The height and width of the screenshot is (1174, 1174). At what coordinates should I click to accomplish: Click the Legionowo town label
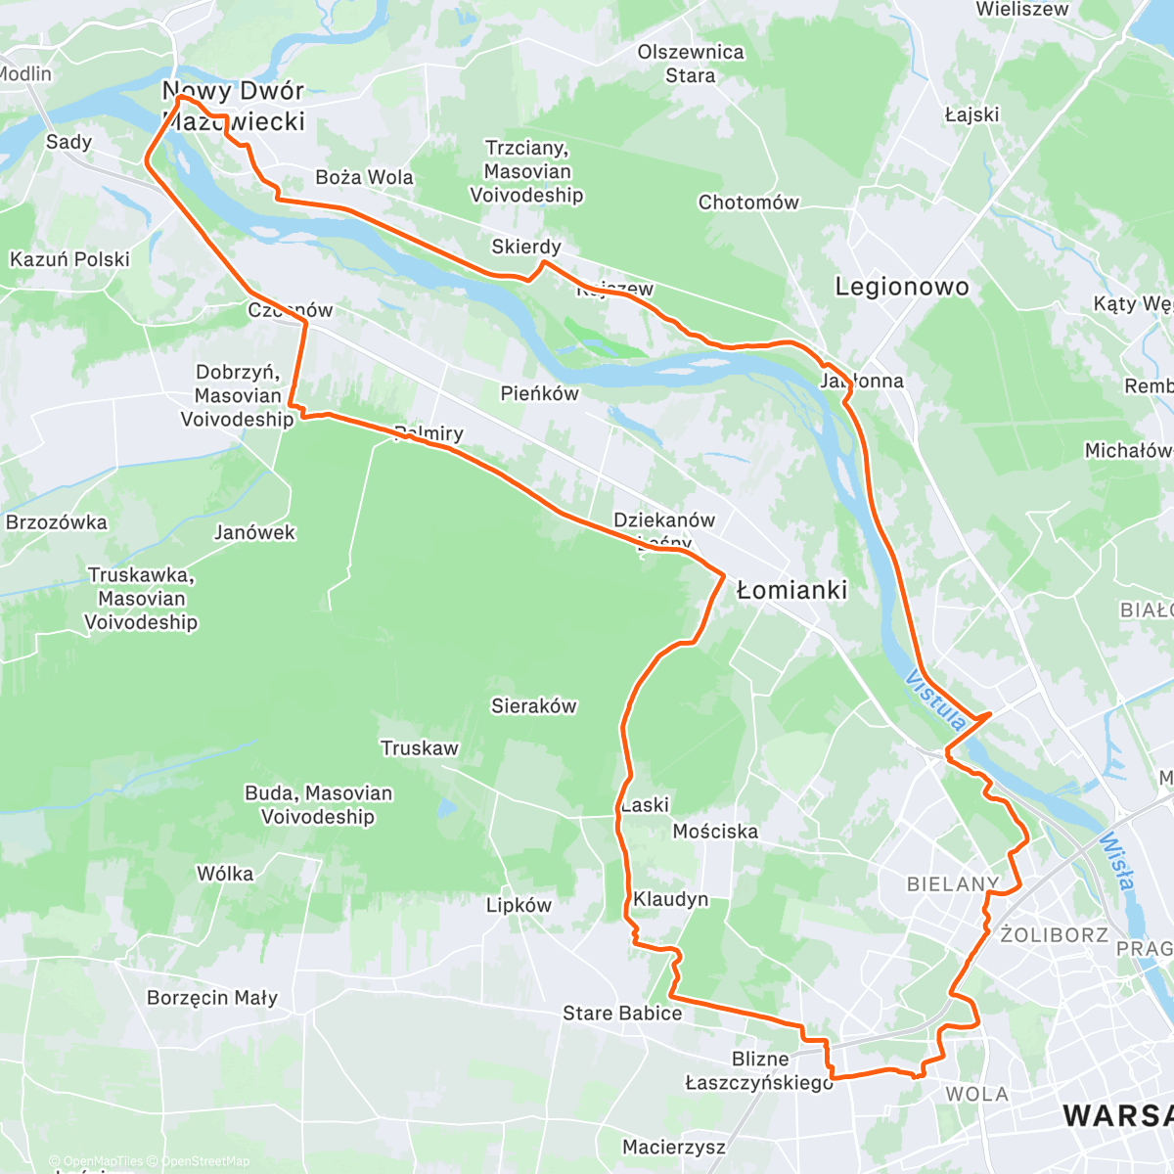click(901, 287)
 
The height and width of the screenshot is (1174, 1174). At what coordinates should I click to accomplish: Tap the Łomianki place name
click(791, 590)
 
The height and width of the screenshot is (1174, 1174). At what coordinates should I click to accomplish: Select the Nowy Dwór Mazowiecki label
click(234, 106)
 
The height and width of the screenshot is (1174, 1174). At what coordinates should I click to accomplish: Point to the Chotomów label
click(748, 203)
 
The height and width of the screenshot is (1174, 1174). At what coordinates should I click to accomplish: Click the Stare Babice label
click(622, 1014)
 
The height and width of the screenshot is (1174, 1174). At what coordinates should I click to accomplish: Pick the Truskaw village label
click(419, 748)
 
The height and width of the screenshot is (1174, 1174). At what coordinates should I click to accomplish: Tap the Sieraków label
click(533, 705)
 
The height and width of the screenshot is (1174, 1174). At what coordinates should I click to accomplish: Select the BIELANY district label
click(952, 884)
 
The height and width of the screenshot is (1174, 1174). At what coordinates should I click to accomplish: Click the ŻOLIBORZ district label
click(1054, 935)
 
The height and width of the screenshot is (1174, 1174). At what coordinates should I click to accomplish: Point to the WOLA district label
click(976, 1094)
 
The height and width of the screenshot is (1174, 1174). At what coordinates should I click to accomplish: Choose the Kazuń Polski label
click(69, 259)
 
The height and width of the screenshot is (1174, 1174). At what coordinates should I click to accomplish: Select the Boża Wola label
click(364, 177)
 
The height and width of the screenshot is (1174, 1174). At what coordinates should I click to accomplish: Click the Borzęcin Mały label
click(212, 998)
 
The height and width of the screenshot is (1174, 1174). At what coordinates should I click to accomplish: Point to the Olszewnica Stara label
click(691, 64)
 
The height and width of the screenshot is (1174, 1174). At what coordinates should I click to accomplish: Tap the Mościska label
click(715, 832)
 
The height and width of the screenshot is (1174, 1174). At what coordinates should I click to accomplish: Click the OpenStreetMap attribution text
click(204, 1161)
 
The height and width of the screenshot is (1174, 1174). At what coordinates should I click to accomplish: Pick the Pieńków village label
click(539, 393)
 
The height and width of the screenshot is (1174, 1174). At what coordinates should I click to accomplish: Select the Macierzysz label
click(674, 1147)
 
